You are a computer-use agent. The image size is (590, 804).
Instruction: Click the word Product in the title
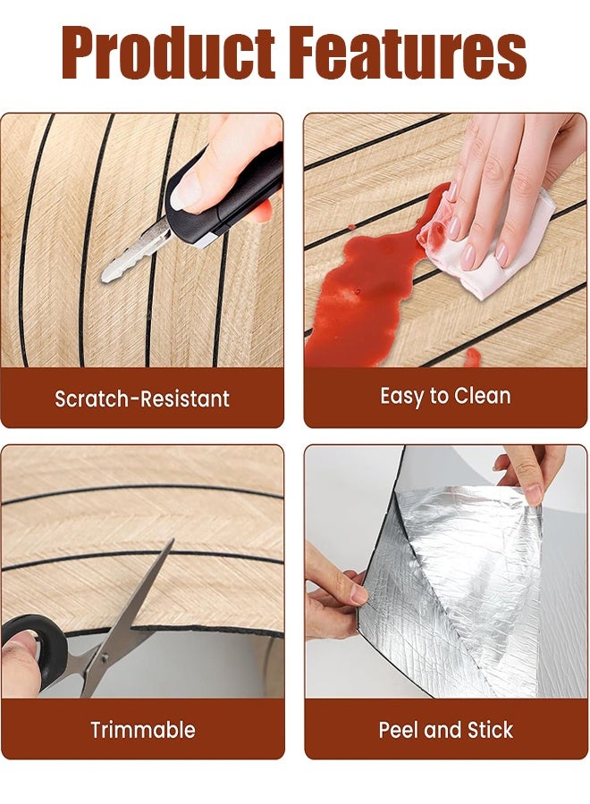tap(168, 54)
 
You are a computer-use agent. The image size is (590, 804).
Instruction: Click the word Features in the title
tap(411, 54)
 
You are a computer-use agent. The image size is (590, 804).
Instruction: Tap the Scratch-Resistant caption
tap(142, 398)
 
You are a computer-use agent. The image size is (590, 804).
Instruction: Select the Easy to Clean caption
tap(445, 397)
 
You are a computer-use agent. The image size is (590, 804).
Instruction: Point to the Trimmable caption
tap(143, 730)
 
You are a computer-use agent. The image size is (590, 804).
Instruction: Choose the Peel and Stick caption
tap(445, 730)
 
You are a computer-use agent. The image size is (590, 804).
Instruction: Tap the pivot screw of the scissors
tap(105, 657)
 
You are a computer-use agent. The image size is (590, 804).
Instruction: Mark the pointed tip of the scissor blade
tap(173, 540)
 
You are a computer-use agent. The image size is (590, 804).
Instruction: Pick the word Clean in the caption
tap(482, 397)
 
